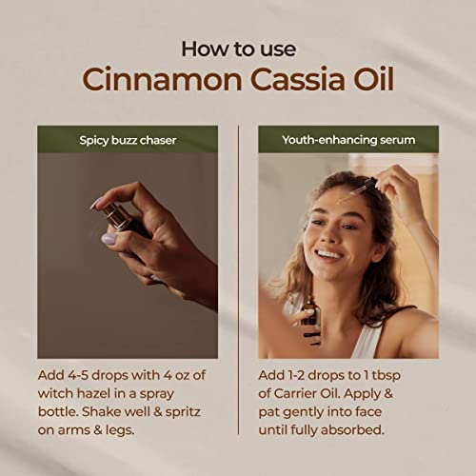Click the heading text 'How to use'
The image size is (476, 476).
point(237,48)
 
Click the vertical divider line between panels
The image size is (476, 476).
point(238,286)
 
